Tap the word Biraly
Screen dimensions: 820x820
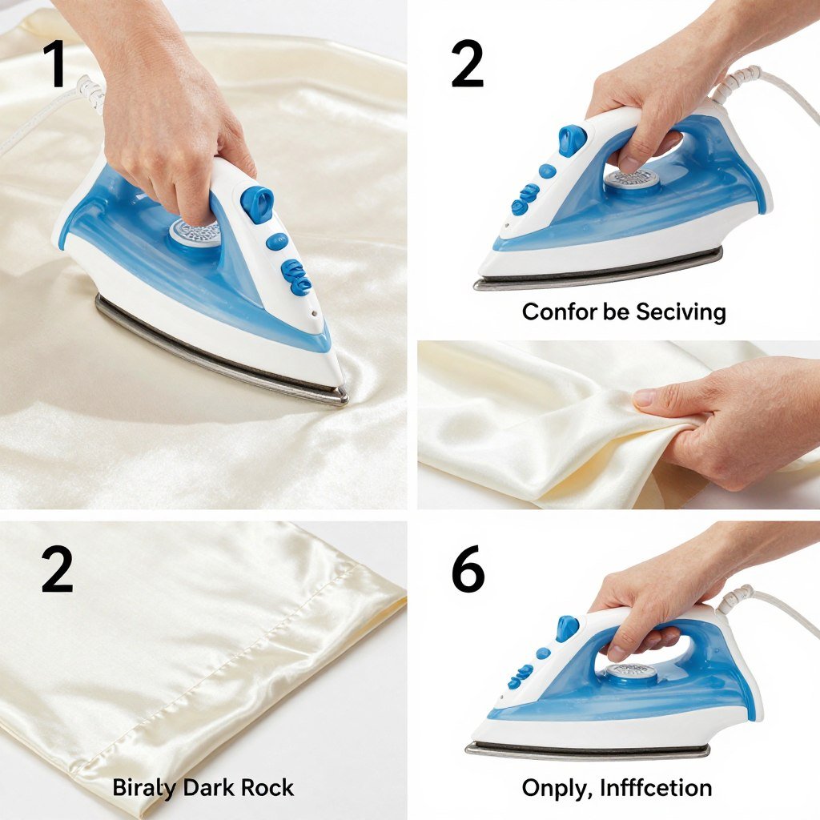pyautogui.click(x=143, y=787)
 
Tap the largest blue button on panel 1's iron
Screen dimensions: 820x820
pyautogui.click(x=257, y=203)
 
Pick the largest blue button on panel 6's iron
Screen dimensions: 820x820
pyautogui.click(x=568, y=627)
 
